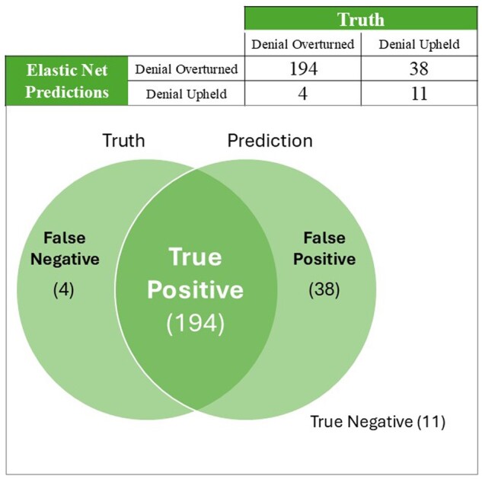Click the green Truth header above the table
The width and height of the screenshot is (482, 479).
[360, 18]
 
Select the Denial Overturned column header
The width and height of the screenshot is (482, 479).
[302, 43]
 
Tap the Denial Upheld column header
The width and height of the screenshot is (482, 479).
[419, 43]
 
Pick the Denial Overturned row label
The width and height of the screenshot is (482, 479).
[187, 69]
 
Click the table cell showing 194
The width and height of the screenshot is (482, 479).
[302, 69]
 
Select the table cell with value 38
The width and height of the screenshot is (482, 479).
[419, 69]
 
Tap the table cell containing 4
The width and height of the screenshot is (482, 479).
[302, 94]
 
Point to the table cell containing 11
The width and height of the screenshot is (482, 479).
[419, 94]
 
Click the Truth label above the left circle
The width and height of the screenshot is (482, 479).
[123, 140]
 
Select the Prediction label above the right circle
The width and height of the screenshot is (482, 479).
[270, 140]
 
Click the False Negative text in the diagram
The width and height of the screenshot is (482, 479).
[70, 249]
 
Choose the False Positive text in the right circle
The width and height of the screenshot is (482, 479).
[329, 249]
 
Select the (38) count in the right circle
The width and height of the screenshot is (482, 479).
[324, 290]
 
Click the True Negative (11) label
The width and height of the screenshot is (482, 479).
[377, 421]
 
